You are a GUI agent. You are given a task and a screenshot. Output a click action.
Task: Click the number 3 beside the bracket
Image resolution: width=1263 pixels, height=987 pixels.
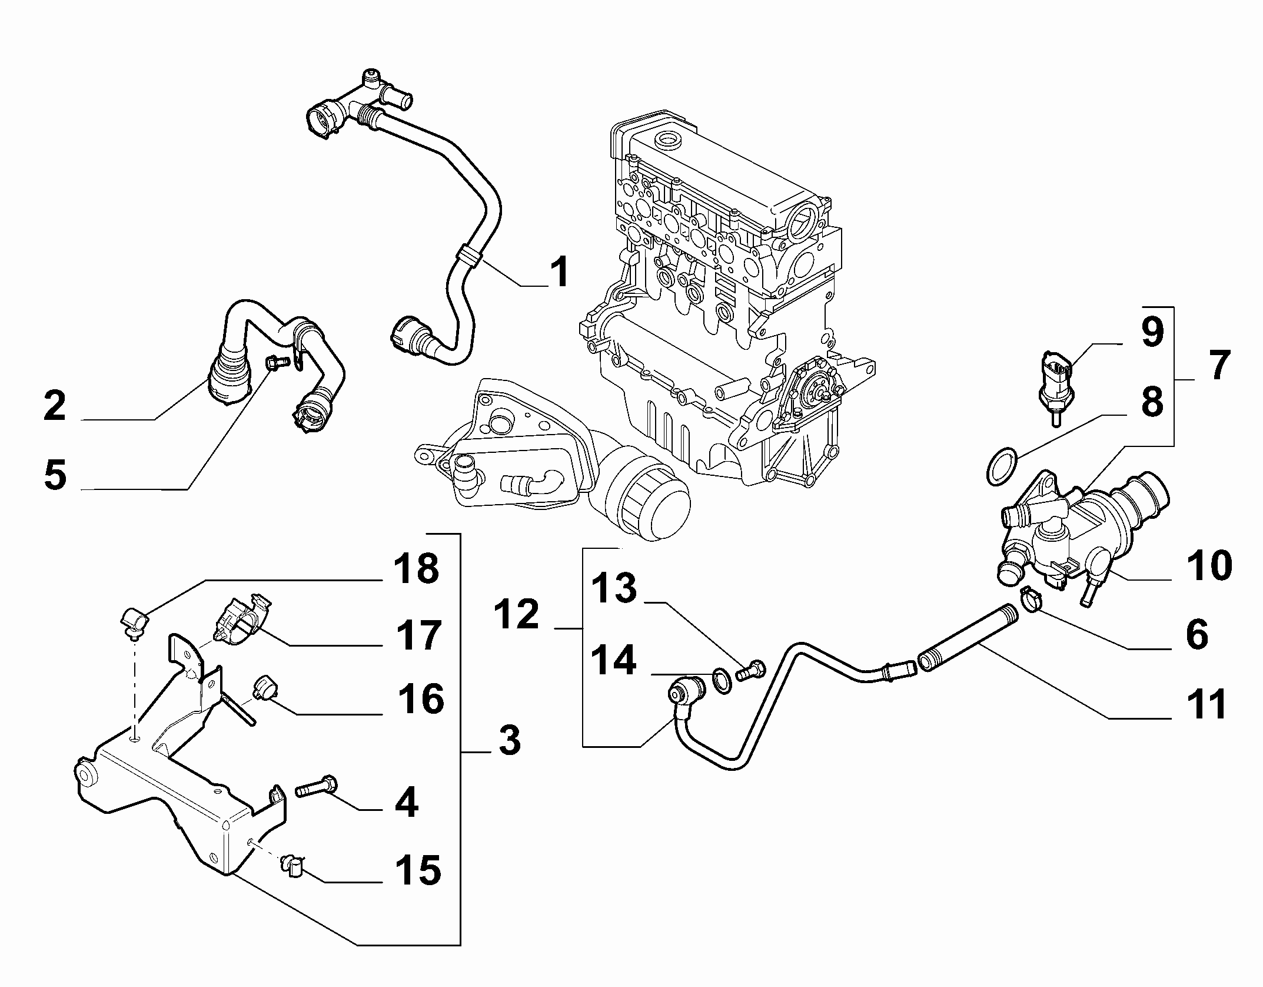point(509,741)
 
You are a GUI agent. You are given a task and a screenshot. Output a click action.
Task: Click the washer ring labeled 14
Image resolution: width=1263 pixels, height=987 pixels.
point(722,678)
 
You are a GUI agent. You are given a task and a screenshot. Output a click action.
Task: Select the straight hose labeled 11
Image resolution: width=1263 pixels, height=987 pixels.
point(967,637)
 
